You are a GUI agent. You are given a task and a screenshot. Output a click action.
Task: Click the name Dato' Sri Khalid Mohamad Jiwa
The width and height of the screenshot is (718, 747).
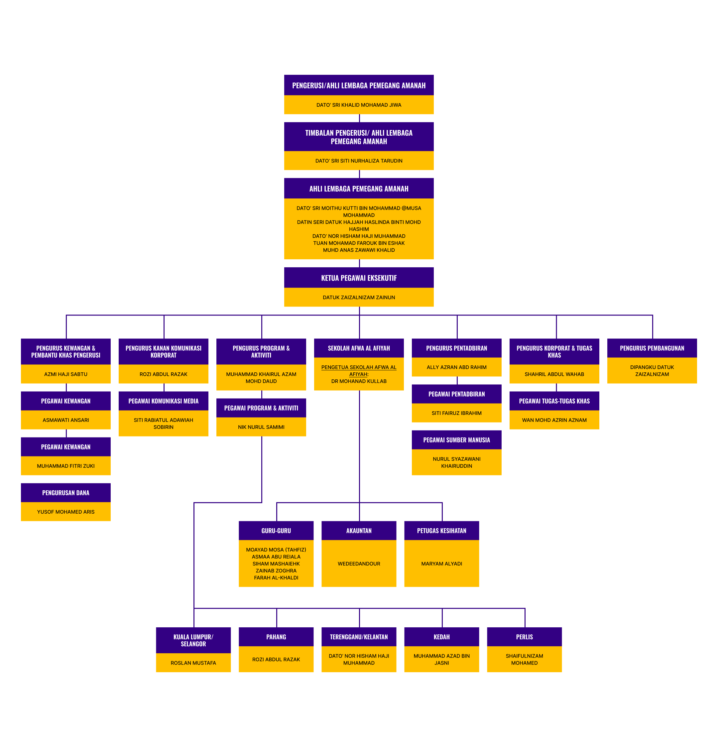click(359, 105)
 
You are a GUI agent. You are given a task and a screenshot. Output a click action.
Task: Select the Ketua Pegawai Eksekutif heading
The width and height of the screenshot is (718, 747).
click(359, 278)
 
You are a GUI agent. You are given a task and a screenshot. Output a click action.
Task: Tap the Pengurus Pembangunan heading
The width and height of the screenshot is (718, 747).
click(652, 348)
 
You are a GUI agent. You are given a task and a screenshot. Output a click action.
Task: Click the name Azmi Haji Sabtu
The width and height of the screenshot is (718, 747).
click(65, 374)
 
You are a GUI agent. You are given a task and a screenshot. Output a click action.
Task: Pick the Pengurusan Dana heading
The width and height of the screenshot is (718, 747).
click(65, 492)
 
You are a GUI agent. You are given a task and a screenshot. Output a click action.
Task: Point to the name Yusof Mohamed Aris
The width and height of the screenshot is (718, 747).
click(65, 512)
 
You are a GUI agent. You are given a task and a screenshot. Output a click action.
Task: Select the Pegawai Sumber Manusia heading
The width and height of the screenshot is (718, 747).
click(456, 439)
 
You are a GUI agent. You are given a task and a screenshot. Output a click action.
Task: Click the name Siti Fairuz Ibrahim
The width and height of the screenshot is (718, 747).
click(456, 413)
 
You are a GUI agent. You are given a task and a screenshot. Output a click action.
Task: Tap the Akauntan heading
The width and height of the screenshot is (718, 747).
click(359, 531)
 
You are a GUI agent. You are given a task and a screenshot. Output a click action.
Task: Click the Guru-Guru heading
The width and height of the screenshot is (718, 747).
click(276, 531)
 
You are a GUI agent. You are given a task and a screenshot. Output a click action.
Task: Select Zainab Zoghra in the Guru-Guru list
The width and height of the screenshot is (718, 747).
click(276, 570)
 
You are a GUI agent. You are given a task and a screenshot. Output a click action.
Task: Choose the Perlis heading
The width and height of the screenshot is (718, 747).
click(524, 637)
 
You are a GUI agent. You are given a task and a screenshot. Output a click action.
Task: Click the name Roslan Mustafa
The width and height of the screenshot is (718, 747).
click(193, 663)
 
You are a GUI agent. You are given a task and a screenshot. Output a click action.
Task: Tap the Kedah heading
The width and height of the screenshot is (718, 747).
click(441, 637)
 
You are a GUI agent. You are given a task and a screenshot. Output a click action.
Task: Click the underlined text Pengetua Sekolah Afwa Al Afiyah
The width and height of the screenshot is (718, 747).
click(359, 367)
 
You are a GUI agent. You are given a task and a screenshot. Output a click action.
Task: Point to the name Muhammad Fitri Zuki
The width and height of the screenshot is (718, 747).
click(65, 466)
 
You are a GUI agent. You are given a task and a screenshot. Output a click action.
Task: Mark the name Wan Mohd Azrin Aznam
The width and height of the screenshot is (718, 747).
click(554, 420)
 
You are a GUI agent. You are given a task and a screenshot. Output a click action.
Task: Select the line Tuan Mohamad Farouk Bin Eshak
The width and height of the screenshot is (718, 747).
click(359, 243)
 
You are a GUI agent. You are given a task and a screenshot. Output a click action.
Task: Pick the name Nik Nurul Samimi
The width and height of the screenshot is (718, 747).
click(261, 427)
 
